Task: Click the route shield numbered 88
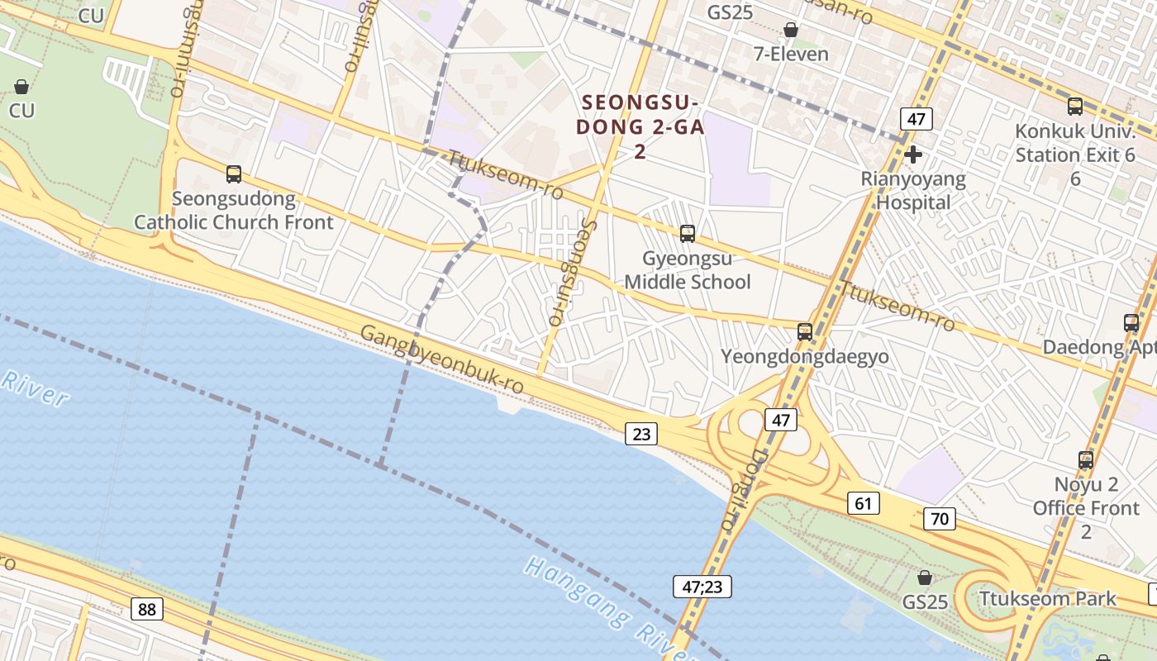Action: pos(146,610)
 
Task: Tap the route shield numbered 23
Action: pos(641,432)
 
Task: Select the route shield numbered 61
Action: pos(863,503)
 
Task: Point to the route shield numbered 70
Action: pos(939,519)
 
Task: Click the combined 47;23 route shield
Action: pos(702,587)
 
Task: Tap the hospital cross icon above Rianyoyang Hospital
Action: pos(913,155)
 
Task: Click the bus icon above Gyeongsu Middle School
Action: pos(688,234)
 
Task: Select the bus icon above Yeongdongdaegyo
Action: pos(805,332)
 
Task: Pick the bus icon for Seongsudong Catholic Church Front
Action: pos(234,174)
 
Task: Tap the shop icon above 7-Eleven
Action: pos(791,31)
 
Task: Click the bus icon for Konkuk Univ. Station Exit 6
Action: pos(1075,107)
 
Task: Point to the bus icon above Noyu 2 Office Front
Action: pos(1086,460)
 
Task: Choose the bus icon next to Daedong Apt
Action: pos(1131,323)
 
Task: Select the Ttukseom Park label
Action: pos(1047,597)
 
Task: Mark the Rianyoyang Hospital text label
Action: pos(912,190)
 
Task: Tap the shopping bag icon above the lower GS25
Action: pos(925,578)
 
